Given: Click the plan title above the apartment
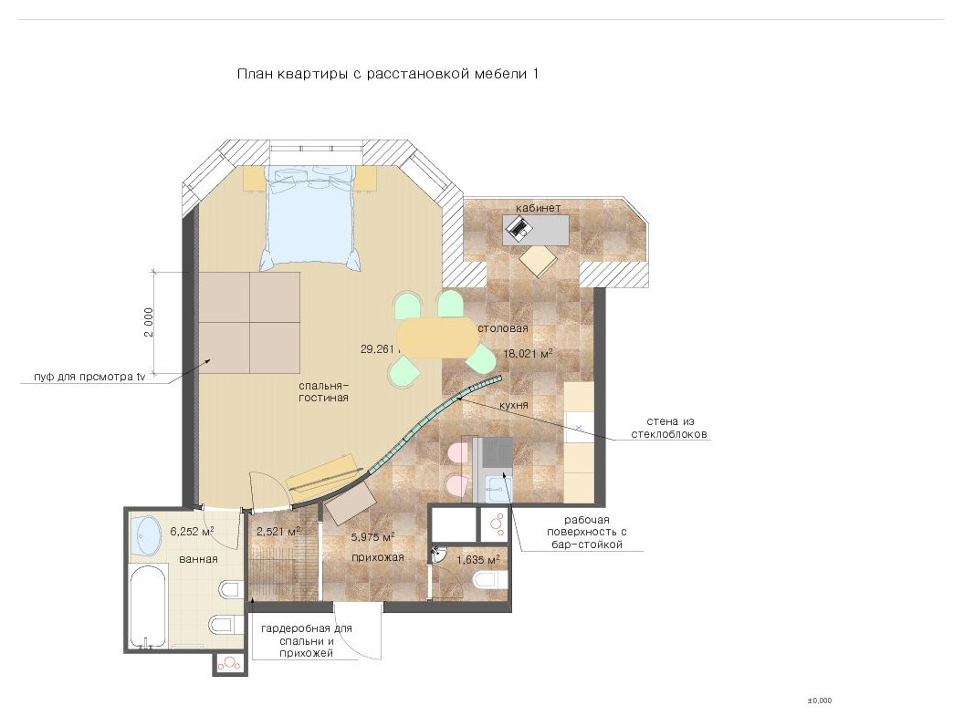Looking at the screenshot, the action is [x=387, y=74].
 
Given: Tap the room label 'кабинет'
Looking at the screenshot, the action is [x=538, y=208].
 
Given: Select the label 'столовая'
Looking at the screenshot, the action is [x=502, y=328].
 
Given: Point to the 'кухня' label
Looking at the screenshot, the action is [x=513, y=405].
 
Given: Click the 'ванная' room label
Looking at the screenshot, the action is [x=198, y=559].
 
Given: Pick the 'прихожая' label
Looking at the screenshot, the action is [x=378, y=557].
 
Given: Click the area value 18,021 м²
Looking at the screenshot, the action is [x=528, y=353].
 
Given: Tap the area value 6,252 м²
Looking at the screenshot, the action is [x=192, y=532].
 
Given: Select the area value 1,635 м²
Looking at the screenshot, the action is [x=477, y=559].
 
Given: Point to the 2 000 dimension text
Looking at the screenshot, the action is [x=149, y=323].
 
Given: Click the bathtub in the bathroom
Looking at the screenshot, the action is [x=148, y=607].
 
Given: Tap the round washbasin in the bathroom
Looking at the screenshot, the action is [x=145, y=535].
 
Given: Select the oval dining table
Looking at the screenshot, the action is [x=437, y=337].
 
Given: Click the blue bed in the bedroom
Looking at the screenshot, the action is [x=310, y=217].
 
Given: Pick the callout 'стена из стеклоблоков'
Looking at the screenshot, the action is [x=669, y=428].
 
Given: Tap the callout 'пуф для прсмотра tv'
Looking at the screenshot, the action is [x=89, y=377].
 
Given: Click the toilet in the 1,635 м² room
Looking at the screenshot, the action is [x=490, y=579].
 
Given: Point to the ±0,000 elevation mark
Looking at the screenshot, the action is [x=820, y=700].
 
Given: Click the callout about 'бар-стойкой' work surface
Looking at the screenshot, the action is [x=586, y=532].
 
